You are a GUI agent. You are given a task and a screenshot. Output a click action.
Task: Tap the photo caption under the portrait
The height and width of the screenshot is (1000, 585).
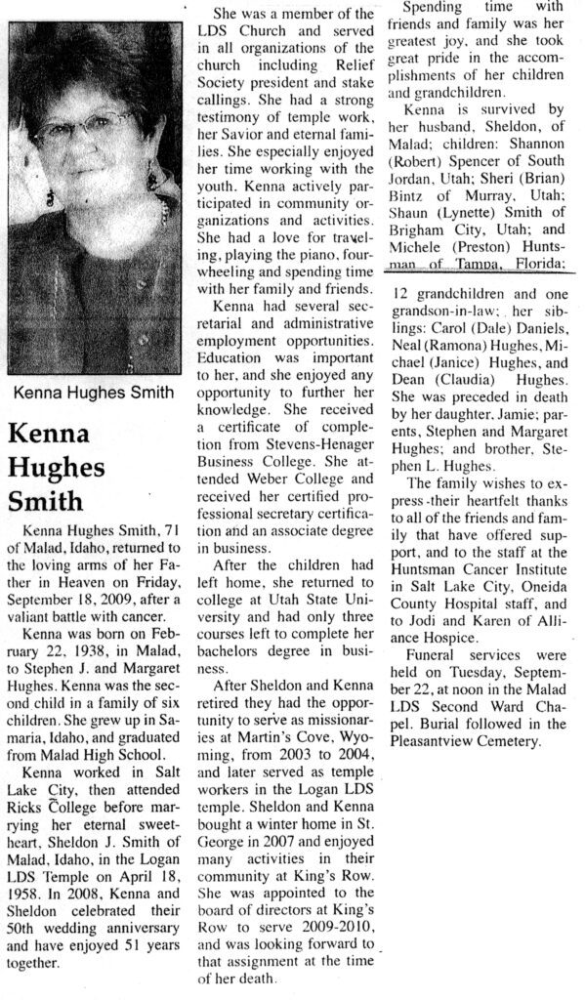coord(94,394)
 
